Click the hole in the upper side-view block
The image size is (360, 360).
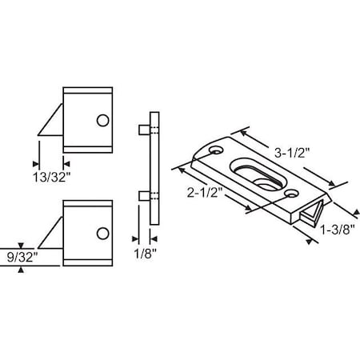102,120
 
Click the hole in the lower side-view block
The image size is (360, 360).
102,234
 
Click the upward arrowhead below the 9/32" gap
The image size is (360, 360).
22,270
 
